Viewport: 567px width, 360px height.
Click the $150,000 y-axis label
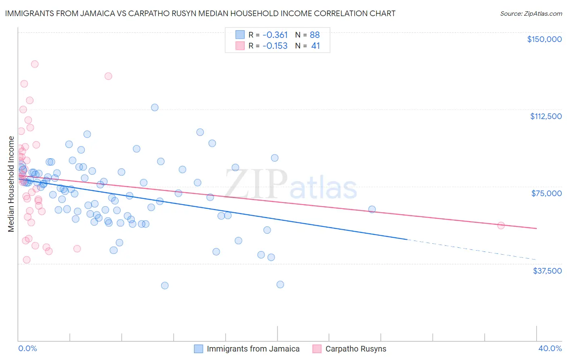tap(544, 39)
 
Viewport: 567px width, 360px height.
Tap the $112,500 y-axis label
tap(546, 116)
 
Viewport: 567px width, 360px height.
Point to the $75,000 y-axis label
tap(546, 193)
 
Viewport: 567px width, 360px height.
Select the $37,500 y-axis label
tap(547, 271)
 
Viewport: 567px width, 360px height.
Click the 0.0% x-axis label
tap(27, 348)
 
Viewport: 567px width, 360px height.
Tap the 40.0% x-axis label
tap(550, 348)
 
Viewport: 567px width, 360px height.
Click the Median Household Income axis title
tap(11, 184)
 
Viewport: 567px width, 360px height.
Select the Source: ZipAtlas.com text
tap(531, 14)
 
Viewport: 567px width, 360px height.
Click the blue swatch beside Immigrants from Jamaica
tap(198, 349)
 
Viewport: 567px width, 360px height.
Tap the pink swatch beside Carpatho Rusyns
tap(317, 349)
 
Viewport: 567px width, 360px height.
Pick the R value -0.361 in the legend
tap(275, 35)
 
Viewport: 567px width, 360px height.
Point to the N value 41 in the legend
tap(315, 46)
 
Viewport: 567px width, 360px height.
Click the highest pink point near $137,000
tap(35, 64)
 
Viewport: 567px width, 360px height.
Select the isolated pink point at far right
tap(501, 226)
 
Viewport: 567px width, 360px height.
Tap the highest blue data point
tap(154, 107)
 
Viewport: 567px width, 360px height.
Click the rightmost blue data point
tap(372, 209)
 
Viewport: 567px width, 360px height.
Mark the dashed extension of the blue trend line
tap(472, 249)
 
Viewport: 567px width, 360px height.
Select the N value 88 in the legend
tap(315, 35)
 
